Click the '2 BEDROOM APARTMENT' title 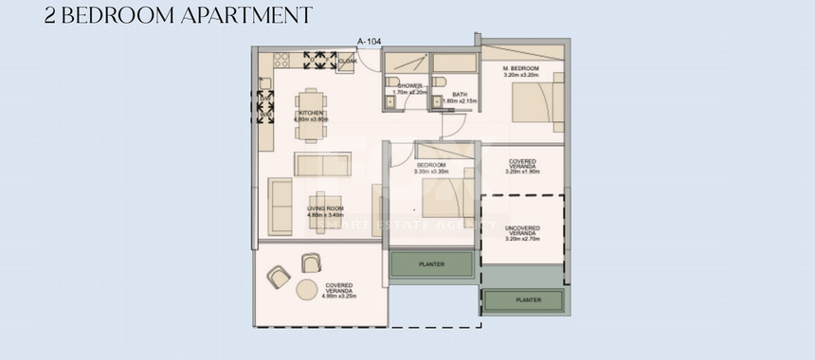178,15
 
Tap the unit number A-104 369,41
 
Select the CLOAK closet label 348,63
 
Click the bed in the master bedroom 534,102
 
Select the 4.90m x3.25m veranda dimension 339,296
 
